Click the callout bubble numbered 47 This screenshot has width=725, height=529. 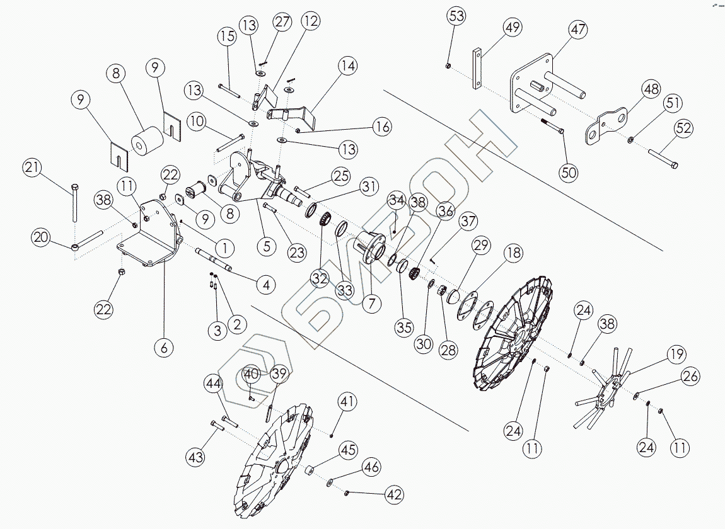(x=578, y=29)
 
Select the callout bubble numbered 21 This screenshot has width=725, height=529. (x=33, y=168)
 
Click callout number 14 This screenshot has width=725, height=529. (x=347, y=65)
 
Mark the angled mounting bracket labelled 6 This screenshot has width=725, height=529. (x=148, y=236)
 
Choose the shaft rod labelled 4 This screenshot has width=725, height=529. (x=217, y=258)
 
